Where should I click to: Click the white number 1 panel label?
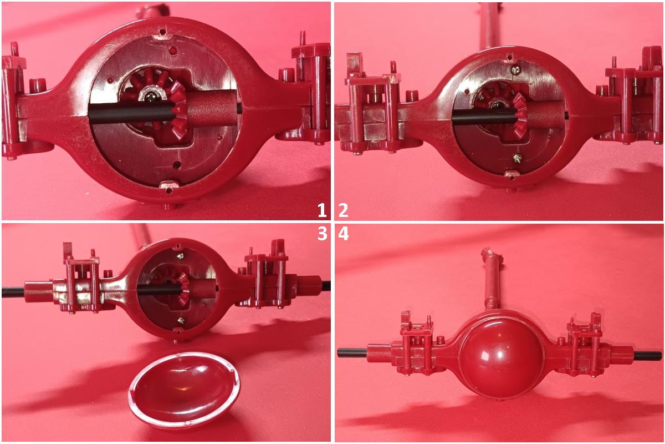(x=322, y=210)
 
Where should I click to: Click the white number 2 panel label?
(x=343, y=210)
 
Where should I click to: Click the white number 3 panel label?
(x=322, y=234)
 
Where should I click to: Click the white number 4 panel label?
(x=344, y=234)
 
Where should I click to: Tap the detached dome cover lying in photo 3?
(x=185, y=390)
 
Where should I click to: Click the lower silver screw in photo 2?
(x=517, y=158)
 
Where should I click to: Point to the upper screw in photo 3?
(x=181, y=256)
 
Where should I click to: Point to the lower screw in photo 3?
(x=181, y=320)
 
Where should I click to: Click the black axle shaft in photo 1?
(x=131, y=112)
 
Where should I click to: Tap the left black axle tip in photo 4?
(x=352, y=353)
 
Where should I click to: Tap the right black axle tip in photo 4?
(x=648, y=356)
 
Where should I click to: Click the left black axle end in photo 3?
(x=13, y=292)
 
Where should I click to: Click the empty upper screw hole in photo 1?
(x=172, y=51)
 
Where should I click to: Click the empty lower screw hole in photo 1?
(x=177, y=164)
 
